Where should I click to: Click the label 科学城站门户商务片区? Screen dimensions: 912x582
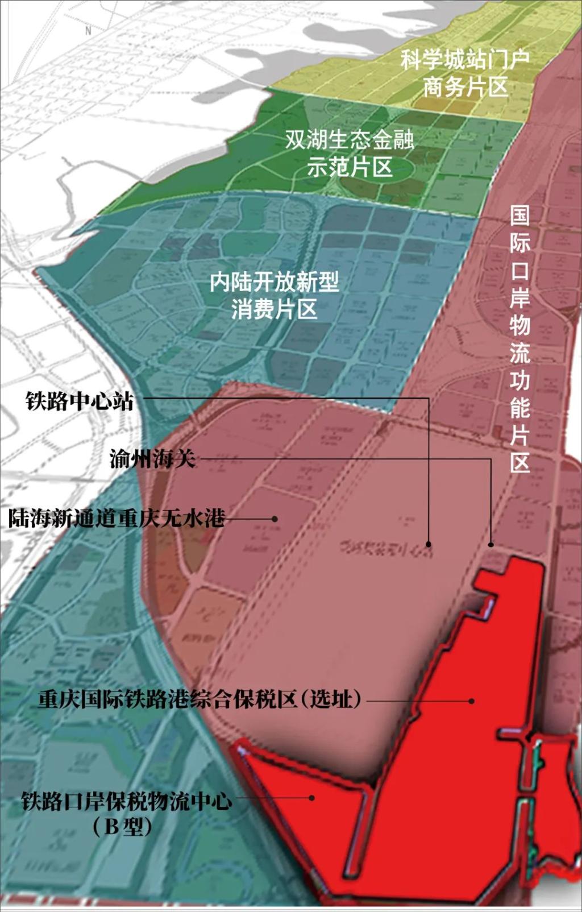465,73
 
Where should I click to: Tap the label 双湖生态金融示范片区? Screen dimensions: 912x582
350,152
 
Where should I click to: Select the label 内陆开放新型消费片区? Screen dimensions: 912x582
275,295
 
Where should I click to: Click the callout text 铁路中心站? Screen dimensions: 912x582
80,401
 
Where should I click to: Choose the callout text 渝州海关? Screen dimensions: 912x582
153,458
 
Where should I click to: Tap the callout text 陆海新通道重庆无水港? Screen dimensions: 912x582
117,519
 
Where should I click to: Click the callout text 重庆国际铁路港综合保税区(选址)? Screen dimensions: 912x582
199,699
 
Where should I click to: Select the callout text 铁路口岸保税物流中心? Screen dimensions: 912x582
126,801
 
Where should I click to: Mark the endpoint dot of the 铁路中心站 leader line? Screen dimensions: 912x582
429,544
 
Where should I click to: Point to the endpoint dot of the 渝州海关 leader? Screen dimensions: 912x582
492,545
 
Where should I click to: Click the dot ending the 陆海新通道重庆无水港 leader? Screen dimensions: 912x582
275,519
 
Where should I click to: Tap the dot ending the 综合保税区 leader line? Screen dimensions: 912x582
472,701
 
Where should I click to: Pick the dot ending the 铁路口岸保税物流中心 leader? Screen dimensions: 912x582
311,798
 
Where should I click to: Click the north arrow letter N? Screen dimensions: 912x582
88,31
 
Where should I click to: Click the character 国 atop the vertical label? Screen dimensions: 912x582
519,215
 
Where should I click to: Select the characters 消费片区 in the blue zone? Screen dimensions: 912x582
275,310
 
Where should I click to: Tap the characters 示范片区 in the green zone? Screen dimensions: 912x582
350,167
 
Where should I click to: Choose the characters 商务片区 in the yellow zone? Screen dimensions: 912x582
465,88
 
